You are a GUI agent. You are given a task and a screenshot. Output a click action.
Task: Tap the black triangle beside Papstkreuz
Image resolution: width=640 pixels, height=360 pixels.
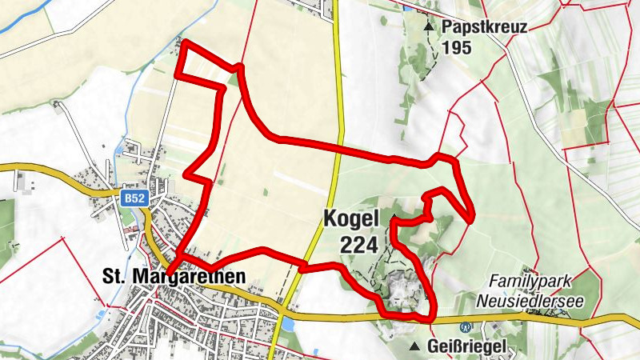click(429, 27)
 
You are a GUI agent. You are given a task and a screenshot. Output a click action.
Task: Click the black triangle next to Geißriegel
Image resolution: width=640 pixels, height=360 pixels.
click(414, 347)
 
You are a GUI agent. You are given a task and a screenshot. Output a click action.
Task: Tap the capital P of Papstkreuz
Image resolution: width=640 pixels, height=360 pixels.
click(446, 27)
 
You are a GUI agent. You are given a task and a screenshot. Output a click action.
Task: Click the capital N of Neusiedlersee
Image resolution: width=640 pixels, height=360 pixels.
click(482, 302)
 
